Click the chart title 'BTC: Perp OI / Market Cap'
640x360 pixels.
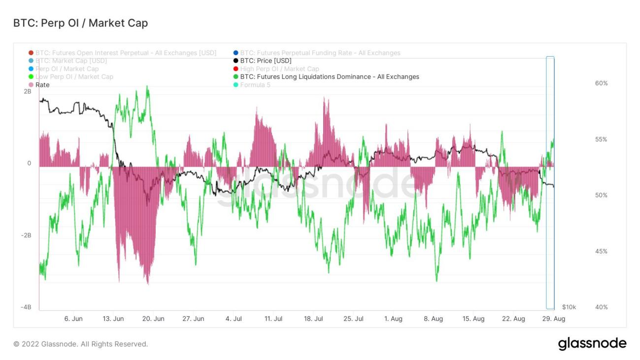coord(80,23)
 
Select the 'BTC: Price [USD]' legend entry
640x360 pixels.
coord(266,61)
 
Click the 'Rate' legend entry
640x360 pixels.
coord(42,85)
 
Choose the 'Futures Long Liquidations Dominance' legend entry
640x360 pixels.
coord(329,77)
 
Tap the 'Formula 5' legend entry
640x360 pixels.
coord(255,85)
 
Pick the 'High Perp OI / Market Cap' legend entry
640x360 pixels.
coord(279,69)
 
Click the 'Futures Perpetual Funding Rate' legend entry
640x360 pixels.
coord(320,53)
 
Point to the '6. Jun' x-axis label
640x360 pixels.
coord(73,319)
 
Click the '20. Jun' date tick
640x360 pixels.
coord(153,319)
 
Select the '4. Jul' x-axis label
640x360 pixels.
coord(234,319)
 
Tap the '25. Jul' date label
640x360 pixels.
coord(353,319)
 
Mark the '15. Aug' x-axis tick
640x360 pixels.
coord(473,319)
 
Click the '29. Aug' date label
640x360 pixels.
coord(553,319)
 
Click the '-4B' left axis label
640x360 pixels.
coord(26,307)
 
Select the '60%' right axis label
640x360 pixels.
coord(601,83)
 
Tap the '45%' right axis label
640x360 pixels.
coord(601,251)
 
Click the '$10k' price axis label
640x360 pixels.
coord(569,307)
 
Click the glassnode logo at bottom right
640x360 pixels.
coord(592,343)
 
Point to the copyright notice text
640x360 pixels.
coord(81,344)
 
